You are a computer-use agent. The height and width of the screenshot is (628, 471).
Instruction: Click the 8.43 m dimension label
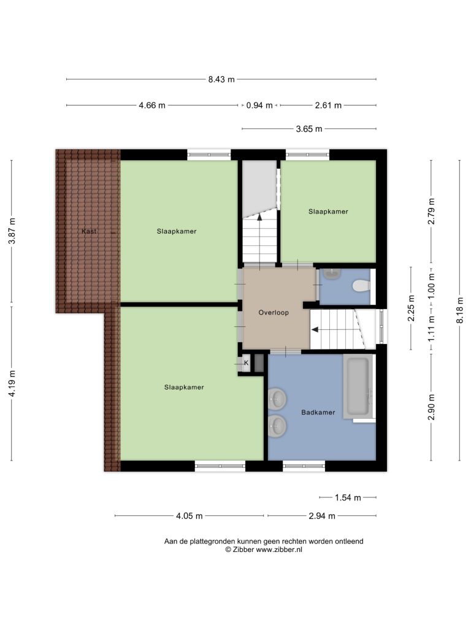tap(221, 79)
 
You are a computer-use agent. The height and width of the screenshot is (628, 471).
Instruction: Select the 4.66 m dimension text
tap(152, 105)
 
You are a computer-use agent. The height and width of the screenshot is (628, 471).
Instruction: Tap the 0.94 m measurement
tap(259, 105)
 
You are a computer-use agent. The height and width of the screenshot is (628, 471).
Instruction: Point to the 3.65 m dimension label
tap(309, 129)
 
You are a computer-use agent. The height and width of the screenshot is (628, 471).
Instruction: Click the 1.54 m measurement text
tap(348, 497)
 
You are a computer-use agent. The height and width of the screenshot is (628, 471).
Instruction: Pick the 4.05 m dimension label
tap(189, 516)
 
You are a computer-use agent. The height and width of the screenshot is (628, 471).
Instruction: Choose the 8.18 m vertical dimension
tap(460, 310)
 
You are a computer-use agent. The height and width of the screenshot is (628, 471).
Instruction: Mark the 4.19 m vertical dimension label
tap(12, 383)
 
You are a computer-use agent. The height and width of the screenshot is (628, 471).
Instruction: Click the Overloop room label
tap(274, 312)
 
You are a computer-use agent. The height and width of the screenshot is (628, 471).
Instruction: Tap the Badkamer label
tap(318, 412)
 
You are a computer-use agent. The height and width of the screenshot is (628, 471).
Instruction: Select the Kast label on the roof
tap(89, 231)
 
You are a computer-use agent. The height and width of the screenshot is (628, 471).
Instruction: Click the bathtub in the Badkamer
tap(358, 386)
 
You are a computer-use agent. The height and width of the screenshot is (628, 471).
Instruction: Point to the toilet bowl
tap(361, 286)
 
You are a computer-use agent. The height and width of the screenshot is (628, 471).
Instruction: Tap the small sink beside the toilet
tap(332, 274)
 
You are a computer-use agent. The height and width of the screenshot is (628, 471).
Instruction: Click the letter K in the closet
tap(247, 363)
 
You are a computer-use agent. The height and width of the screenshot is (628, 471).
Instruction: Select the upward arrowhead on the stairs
tap(259, 217)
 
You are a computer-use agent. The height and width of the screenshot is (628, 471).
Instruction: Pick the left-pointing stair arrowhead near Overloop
tap(315, 329)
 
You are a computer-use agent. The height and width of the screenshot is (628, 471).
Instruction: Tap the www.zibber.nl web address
tap(279, 549)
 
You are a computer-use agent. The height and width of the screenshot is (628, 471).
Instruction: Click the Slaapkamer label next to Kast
tap(177, 231)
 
